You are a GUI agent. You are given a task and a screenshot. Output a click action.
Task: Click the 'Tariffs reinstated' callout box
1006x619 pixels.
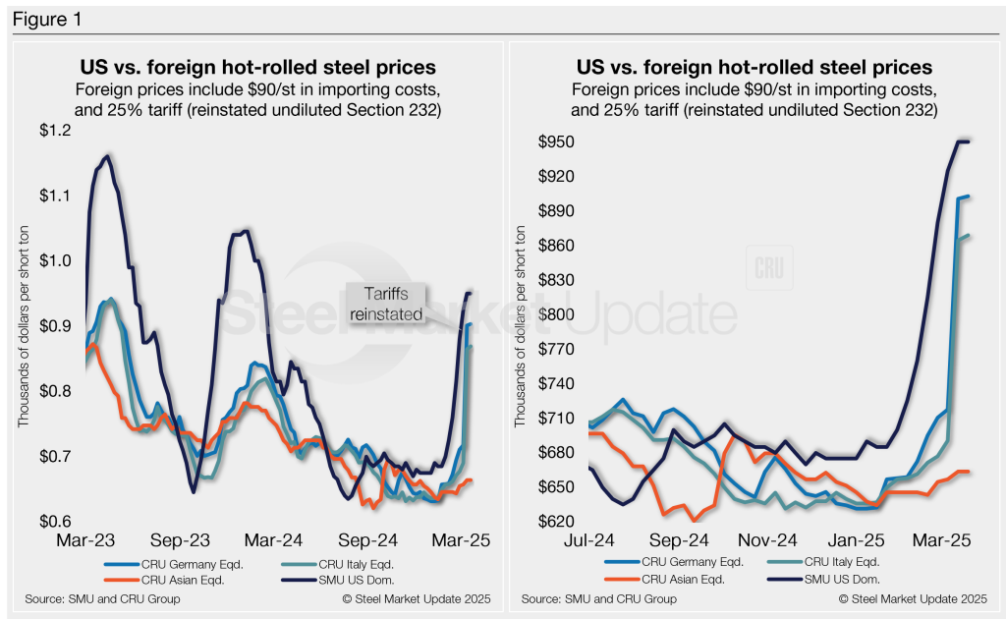386,304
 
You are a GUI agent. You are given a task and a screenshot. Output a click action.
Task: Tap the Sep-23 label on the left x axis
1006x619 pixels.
183,540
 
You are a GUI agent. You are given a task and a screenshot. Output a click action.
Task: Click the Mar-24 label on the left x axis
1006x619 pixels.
278,540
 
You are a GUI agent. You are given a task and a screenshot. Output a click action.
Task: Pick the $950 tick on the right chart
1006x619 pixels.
556,142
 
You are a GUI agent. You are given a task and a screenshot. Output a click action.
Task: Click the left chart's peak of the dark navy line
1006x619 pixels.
106,155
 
